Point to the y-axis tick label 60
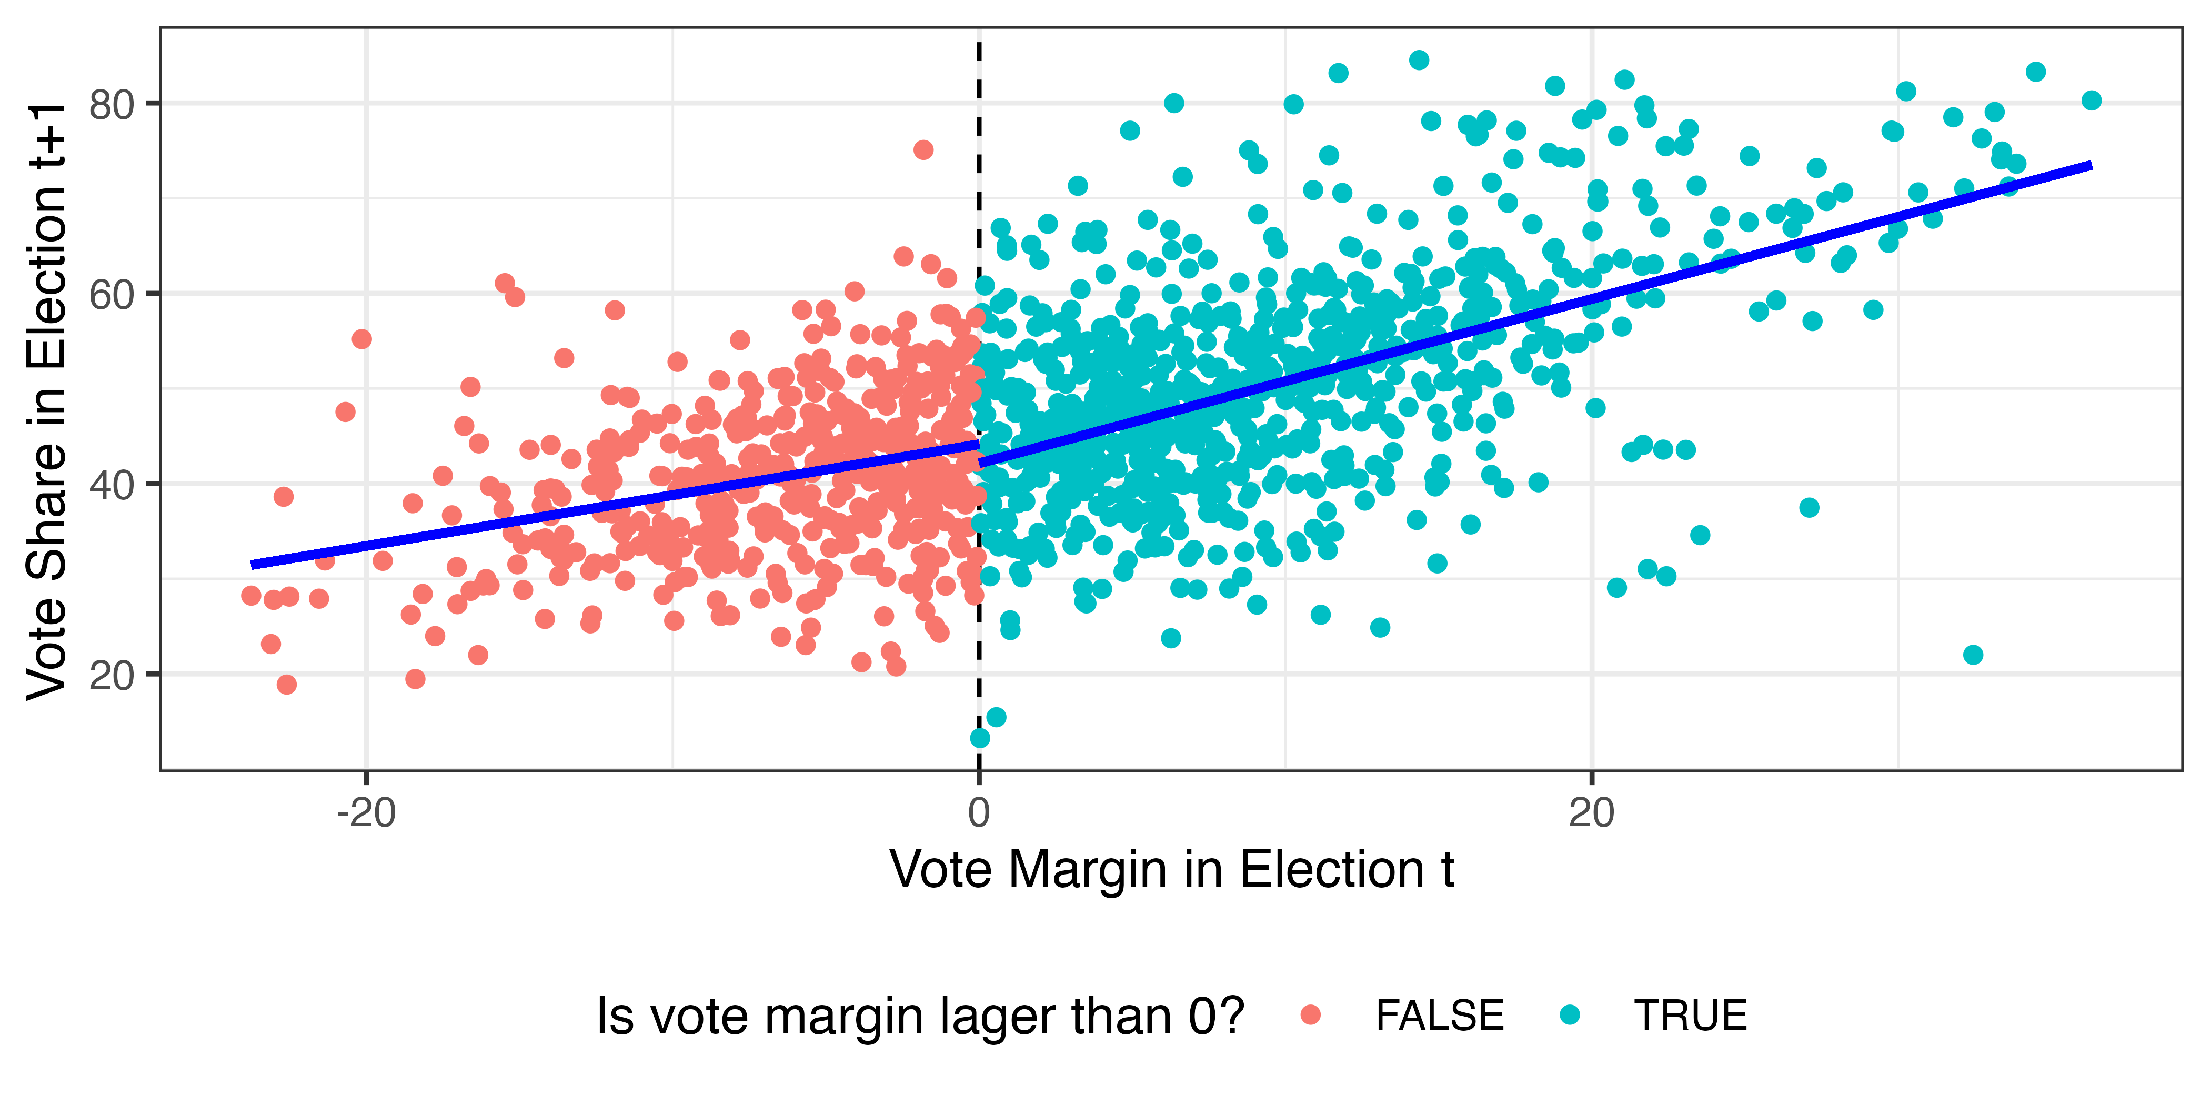coord(112,296)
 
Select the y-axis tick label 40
coord(112,486)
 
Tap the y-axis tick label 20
coord(112,677)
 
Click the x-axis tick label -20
coord(366,812)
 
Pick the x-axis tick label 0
coord(979,812)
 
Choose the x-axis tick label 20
coord(1591,812)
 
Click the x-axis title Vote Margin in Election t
coord(1171,870)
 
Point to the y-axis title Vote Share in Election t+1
coord(47,401)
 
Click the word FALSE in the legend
coord(1440,1016)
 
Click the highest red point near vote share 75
coord(923,150)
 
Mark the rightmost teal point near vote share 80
coord(2092,101)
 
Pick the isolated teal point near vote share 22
coord(1973,655)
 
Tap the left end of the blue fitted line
coord(252,565)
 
